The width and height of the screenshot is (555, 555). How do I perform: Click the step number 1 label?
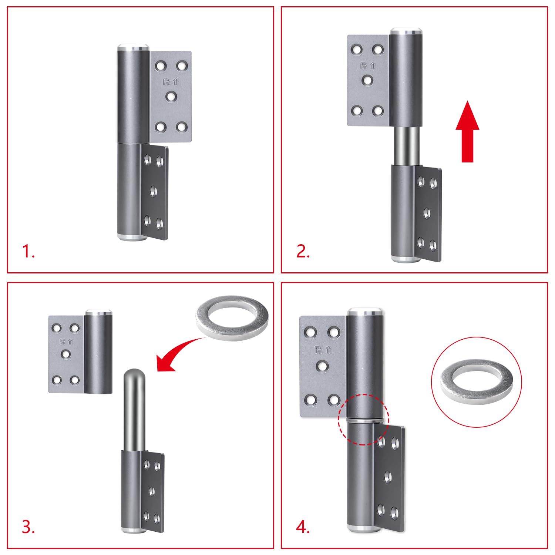tap(28, 252)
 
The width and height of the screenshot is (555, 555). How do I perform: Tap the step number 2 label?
tap(303, 252)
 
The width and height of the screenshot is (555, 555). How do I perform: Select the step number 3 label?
tap(28, 527)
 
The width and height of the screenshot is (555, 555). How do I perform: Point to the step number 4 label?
tap(303, 527)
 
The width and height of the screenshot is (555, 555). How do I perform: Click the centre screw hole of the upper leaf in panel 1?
tap(171, 97)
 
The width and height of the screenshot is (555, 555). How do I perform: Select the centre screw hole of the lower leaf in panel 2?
tap(426, 213)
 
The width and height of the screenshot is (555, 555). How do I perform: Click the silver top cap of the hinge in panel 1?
tap(133, 48)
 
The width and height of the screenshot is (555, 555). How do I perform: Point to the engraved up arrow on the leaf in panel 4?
tap(328, 350)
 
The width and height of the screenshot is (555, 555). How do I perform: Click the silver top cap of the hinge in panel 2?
tap(406, 31)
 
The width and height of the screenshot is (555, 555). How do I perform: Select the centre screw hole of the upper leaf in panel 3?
tap(66, 354)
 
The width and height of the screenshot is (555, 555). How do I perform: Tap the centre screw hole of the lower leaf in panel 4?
tap(388, 477)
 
